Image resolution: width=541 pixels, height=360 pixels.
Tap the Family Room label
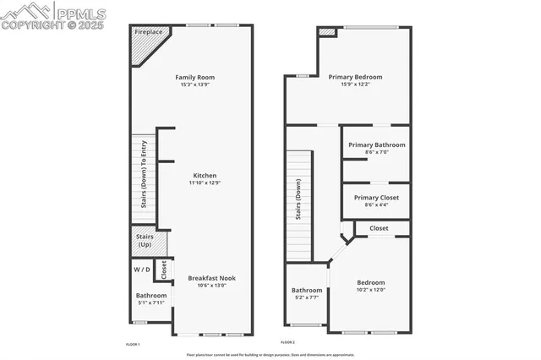194,77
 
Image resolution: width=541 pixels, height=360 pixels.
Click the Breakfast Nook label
211,278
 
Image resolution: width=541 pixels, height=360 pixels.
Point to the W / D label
141,270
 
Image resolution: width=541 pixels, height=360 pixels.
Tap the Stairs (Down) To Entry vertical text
144,173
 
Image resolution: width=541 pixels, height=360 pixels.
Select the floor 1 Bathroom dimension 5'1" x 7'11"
151,303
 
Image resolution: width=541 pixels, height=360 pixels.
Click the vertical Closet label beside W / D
165,270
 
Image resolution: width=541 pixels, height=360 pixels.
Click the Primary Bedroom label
355,77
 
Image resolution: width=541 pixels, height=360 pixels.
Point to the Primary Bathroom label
376,145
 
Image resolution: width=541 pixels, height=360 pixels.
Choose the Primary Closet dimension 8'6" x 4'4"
376,205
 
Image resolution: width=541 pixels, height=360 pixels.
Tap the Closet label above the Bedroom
379,228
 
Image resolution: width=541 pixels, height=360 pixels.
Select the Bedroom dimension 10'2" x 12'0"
370,290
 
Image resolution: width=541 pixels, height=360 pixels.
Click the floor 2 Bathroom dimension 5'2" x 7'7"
307,297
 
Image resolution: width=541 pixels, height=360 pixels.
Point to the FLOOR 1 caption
133,343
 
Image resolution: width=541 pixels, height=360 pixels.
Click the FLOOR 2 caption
287,342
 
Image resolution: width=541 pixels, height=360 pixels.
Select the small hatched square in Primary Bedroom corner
327,33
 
